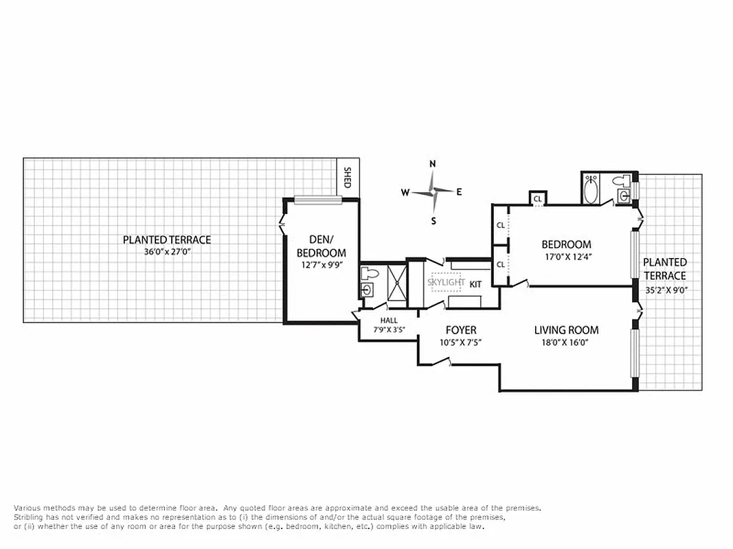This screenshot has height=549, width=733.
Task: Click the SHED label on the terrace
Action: click(x=347, y=178)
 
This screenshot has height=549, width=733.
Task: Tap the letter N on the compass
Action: click(x=433, y=164)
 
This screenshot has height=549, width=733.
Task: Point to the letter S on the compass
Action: click(x=433, y=220)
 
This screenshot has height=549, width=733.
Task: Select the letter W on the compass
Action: click(x=405, y=193)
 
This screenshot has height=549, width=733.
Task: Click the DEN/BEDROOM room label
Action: click(x=322, y=246)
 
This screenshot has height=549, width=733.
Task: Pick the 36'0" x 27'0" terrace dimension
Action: click(x=166, y=251)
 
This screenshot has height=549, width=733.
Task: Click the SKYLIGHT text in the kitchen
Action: click(x=446, y=282)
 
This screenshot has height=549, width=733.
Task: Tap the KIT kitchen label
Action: click(x=475, y=283)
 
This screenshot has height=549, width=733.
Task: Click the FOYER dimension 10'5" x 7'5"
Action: click(x=460, y=342)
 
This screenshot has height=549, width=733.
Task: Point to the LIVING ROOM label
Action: click(x=566, y=330)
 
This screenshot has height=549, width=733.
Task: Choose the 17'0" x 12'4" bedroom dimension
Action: click(x=566, y=257)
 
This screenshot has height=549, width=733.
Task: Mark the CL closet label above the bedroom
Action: click(x=537, y=199)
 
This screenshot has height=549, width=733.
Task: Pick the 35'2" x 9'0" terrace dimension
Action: click(x=664, y=289)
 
